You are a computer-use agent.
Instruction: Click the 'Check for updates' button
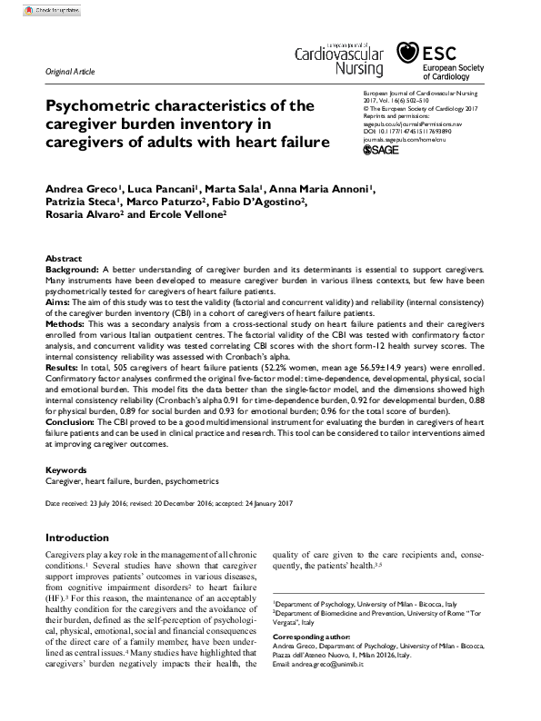[x=32, y=9]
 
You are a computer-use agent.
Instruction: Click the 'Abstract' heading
[x=63, y=259]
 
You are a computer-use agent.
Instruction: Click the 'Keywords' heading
[x=66, y=470]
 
